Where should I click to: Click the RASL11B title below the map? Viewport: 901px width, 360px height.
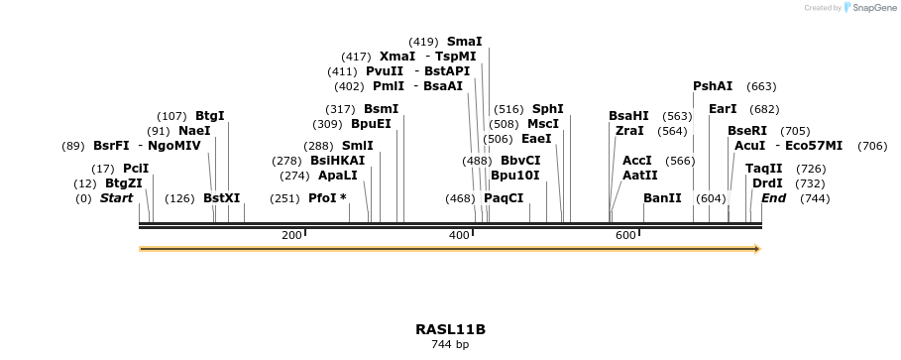coord(450,329)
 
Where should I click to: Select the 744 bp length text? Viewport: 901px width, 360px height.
coord(450,345)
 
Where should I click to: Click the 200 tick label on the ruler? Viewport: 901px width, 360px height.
coord(291,235)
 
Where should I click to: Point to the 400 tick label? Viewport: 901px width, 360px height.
coord(459,235)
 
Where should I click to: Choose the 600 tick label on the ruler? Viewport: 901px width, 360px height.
coord(625,235)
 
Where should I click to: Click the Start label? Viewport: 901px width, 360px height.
coord(116,198)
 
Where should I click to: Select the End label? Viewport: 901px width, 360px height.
coord(773,198)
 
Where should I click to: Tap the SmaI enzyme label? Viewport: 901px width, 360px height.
coord(464,42)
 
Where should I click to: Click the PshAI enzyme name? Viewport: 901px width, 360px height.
coord(713,86)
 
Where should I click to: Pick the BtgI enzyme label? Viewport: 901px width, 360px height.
coord(209,116)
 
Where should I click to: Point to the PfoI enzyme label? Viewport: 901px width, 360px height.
coord(323,198)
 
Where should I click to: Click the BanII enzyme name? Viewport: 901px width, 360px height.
coord(662,198)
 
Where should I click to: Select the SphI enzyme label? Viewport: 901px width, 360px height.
coord(547,109)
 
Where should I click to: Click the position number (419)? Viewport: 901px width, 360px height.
coord(423,42)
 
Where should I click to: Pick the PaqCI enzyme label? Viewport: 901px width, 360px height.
coord(504,198)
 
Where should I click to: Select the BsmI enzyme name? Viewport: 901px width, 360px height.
coord(381,109)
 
